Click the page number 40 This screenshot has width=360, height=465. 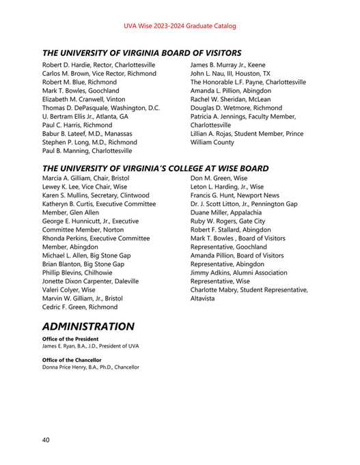click(x=46, y=440)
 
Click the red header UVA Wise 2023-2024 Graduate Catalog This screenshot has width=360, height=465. click(x=180, y=26)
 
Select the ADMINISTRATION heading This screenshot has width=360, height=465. click(x=88, y=326)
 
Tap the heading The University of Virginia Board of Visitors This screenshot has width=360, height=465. click(x=141, y=53)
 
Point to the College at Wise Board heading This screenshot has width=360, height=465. click(x=155, y=168)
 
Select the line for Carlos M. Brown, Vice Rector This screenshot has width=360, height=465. click(x=99, y=73)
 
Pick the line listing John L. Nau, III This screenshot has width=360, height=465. click(x=230, y=73)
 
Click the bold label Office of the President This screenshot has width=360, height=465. click(x=70, y=339)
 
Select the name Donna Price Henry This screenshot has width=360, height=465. click(x=66, y=367)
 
